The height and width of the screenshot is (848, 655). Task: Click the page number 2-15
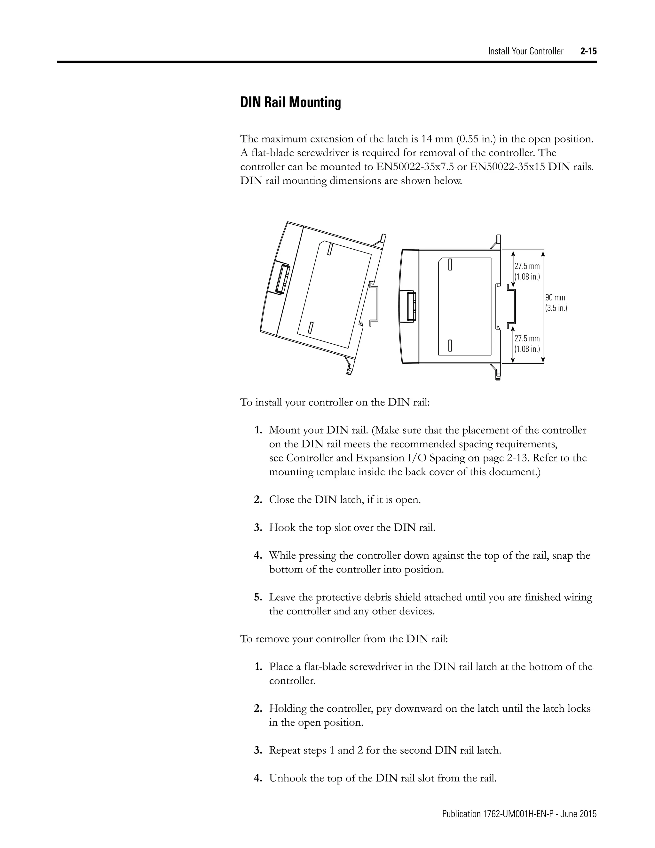588,51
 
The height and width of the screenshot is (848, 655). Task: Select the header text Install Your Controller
525,51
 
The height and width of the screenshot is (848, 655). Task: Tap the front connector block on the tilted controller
281,279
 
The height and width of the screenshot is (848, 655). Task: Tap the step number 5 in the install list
258,597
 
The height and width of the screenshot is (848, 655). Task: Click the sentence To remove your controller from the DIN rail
344,639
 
